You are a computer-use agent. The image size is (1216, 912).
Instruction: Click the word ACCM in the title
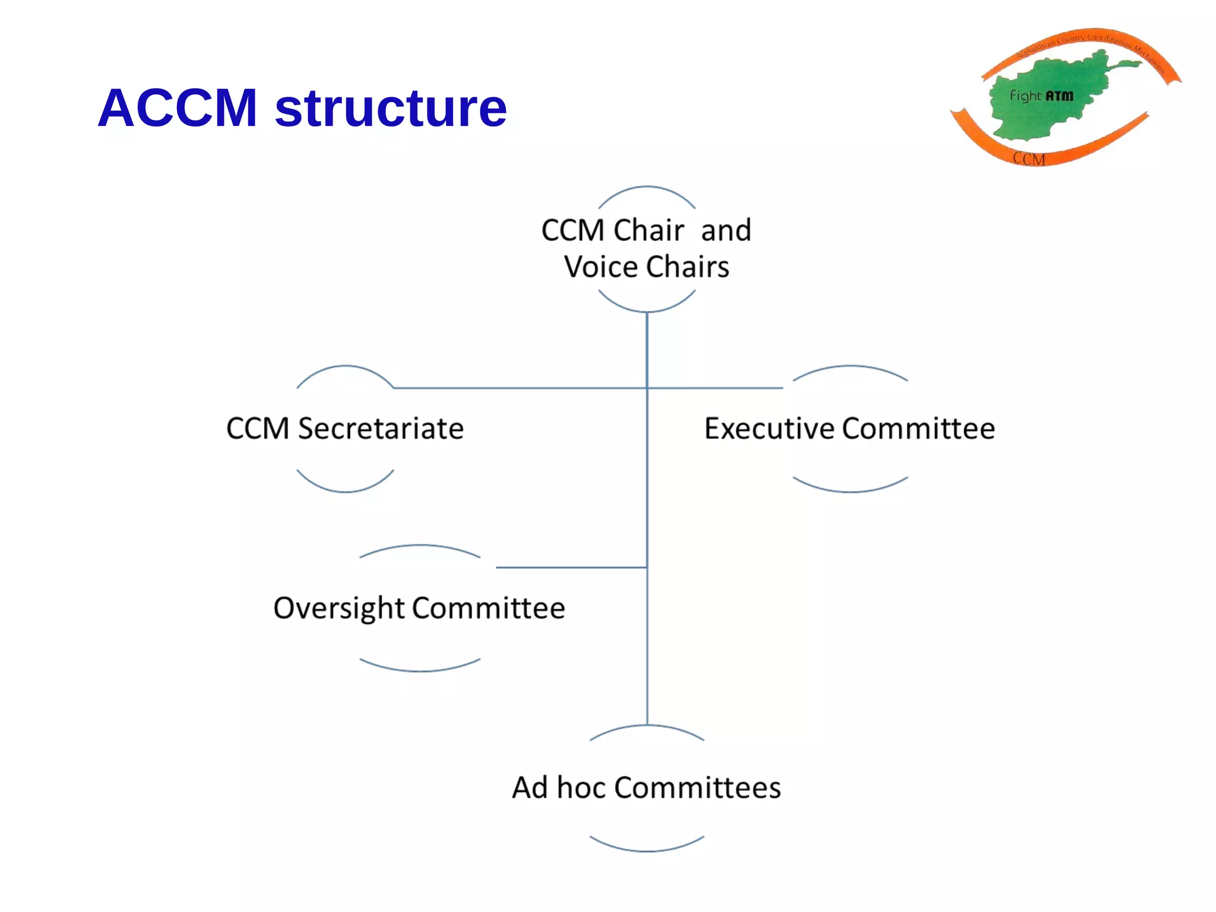pos(178,108)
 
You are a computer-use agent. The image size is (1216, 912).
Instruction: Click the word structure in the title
pos(391,108)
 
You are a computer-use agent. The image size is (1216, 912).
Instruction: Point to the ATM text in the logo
pos(1060,96)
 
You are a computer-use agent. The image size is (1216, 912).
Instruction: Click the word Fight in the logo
pos(1025,96)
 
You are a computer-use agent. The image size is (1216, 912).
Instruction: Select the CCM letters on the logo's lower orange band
pos(1028,159)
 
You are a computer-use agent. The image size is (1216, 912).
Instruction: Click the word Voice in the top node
pos(601,267)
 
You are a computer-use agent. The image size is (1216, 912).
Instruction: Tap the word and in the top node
pos(726,230)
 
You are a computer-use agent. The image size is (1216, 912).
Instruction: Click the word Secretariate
pos(381,429)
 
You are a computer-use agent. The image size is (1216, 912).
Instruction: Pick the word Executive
pos(769,429)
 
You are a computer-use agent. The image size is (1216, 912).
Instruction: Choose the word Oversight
pos(338,609)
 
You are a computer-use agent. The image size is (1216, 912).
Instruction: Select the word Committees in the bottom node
pos(698,788)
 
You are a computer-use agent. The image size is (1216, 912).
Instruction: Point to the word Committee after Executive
pos(919,429)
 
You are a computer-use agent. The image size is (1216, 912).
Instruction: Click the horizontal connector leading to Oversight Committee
pos(570,568)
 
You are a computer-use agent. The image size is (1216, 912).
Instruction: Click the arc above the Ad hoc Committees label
pos(647,727)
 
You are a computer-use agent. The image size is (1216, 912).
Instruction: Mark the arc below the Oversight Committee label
pos(420,670)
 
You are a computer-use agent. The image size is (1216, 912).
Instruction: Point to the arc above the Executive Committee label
pos(850,367)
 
